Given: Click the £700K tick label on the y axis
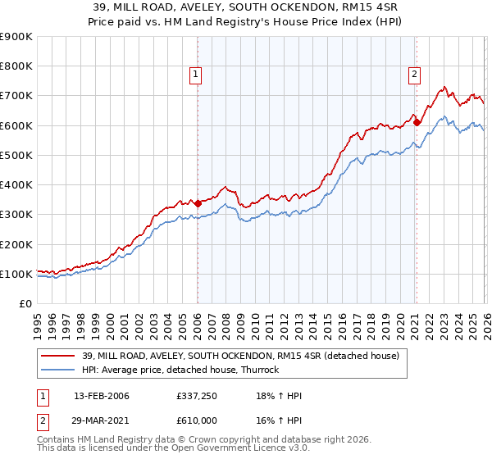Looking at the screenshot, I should coord(16,96).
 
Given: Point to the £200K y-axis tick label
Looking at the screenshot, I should coord(16,244).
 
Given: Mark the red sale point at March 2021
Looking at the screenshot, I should coord(417,123).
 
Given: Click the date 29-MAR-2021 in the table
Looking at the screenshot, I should coord(102,419).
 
